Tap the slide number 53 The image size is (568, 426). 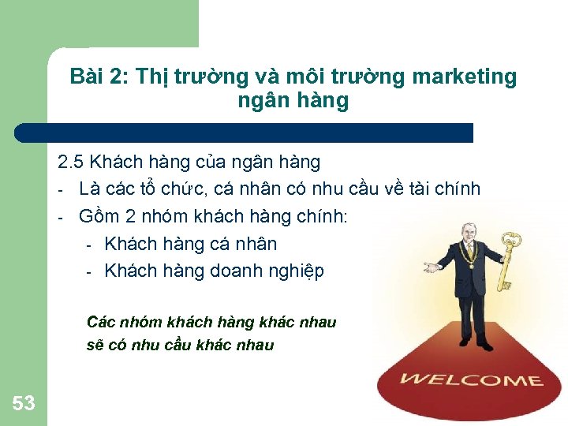pyautogui.click(x=24, y=404)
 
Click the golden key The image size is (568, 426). pyautogui.click(x=510, y=260)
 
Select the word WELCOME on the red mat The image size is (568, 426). pyautogui.click(x=470, y=379)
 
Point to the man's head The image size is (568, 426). pyautogui.click(x=462, y=234)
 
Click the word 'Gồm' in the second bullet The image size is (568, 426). pyautogui.click(x=97, y=217)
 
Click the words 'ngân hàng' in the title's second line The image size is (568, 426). pyautogui.click(x=292, y=101)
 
